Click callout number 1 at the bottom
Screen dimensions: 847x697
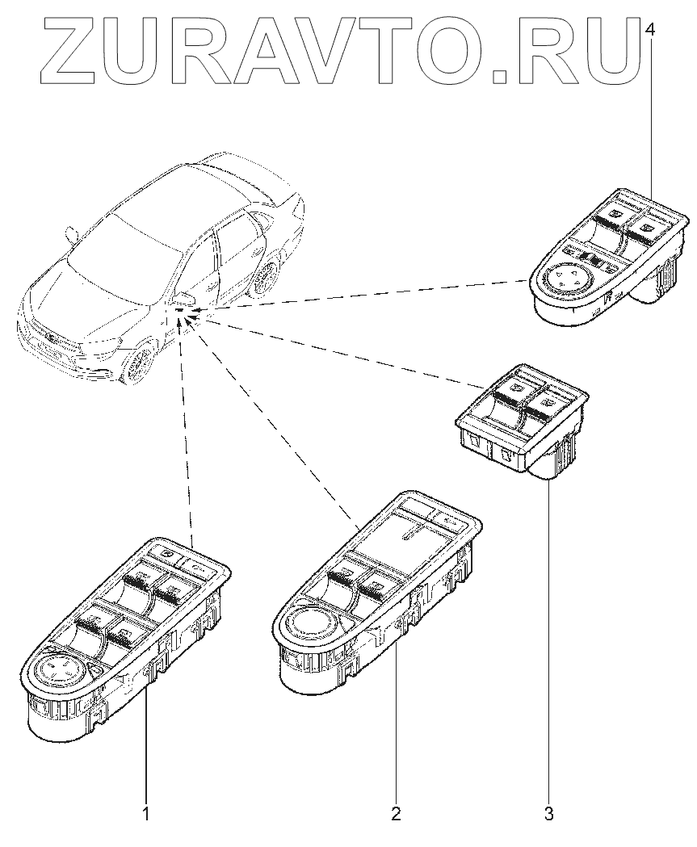click(x=146, y=812)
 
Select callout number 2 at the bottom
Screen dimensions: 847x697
click(x=396, y=812)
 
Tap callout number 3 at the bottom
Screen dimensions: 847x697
click(x=549, y=813)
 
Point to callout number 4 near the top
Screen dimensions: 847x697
click(x=652, y=29)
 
